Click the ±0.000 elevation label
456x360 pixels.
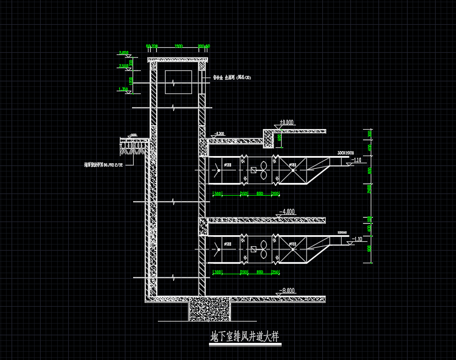tap(286, 122)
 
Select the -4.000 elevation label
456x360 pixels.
tap(287, 212)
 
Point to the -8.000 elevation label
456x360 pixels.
tap(287, 290)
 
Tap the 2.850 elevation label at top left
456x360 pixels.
tap(123, 53)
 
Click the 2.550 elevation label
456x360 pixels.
tap(123, 66)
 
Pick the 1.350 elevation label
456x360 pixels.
tap(123, 89)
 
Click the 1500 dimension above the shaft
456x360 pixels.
tap(178, 46)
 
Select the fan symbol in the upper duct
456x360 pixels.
tap(265, 170)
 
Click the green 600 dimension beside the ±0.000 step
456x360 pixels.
tap(279, 138)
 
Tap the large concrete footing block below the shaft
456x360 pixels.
tap(209, 309)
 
